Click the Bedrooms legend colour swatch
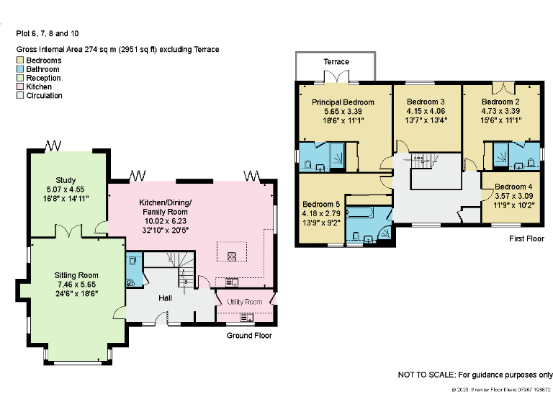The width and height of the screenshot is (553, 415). click(x=20, y=61)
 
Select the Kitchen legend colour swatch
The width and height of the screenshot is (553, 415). click(x=20, y=86)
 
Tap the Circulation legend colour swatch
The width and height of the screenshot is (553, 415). click(x=20, y=95)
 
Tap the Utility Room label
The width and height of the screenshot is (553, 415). click(x=244, y=301)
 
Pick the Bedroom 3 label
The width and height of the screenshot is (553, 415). click(x=425, y=102)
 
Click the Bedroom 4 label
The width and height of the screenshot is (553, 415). click(x=513, y=187)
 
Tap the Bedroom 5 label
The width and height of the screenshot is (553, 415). click(x=321, y=204)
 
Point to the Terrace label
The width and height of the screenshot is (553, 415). click(x=335, y=62)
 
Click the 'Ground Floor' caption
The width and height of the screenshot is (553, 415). click(x=248, y=336)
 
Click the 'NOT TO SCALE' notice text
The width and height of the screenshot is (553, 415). click(x=475, y=375)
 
